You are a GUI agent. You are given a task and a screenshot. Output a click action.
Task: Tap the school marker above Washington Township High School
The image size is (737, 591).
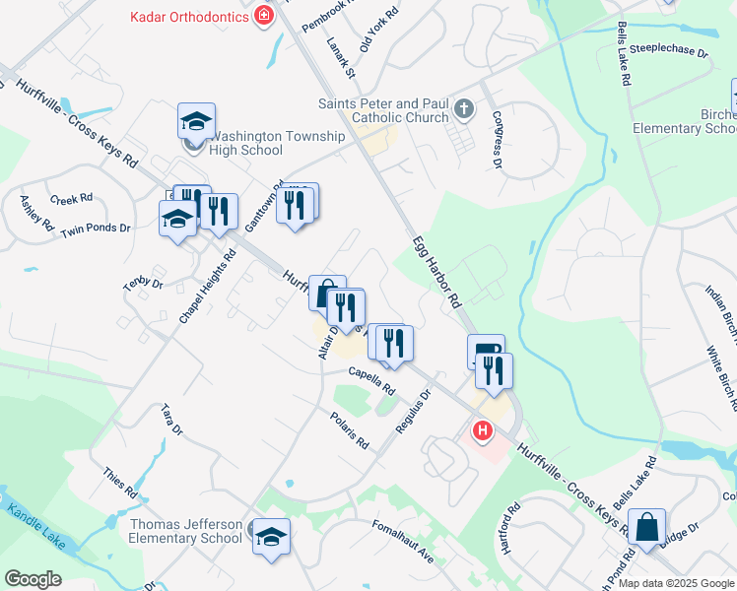pos(196,121)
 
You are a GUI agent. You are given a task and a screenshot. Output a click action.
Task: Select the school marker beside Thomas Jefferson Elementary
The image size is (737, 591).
pos(271,537)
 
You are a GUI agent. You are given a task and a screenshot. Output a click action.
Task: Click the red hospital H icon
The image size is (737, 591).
pos(482,430)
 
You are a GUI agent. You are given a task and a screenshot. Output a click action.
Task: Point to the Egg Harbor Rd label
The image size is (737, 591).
pos(436,272)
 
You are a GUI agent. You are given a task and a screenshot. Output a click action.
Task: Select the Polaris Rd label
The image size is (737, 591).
pos(349,430)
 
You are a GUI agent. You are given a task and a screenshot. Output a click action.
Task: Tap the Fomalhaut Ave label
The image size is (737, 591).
pos(403,542)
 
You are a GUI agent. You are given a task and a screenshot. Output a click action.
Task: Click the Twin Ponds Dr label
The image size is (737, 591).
pos(96,229)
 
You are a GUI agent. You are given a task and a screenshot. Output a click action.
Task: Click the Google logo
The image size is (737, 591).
pos(33,578)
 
